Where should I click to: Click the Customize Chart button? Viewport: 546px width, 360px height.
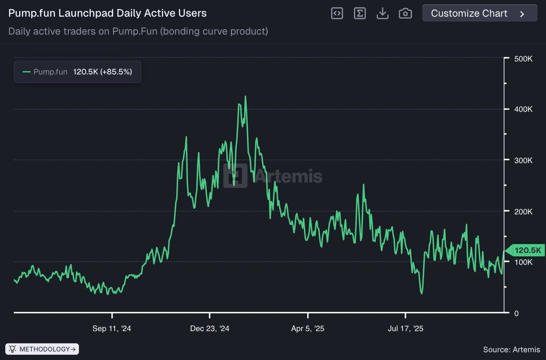479,13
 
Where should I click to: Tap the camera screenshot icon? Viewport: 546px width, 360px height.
405,13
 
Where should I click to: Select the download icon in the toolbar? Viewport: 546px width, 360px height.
382,13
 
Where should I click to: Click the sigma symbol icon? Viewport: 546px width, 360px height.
360,13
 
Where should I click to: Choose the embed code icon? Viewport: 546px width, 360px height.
337,13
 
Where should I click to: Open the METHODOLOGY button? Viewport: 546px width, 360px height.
42,349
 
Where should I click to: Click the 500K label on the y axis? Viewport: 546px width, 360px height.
523,59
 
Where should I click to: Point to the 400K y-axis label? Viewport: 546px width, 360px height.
523,109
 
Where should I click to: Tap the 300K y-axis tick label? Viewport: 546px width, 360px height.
523,160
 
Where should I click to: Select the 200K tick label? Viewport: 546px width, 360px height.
523,212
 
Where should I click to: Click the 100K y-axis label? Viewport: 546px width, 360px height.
523,262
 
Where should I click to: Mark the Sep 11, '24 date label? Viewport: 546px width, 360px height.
112,328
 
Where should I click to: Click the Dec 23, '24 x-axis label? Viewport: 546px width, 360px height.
210,328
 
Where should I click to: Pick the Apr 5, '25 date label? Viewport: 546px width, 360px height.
308,328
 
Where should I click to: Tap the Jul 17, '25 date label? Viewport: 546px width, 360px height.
405,328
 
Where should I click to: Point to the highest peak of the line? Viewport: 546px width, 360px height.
245,97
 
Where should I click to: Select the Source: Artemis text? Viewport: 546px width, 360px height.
511,349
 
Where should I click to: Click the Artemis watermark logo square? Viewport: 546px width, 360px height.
235,176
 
